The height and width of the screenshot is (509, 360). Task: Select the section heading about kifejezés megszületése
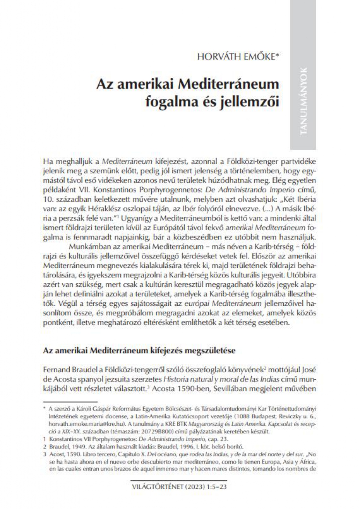click(x=139, y=350)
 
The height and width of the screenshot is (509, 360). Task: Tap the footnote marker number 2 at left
click(x=45, y=447)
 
